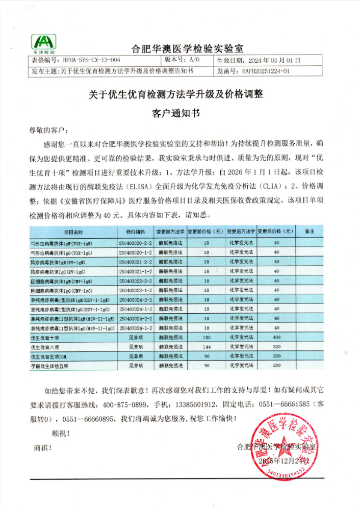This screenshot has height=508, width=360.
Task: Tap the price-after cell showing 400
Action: coord(277,337)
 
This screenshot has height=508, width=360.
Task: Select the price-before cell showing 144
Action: coord(206,346)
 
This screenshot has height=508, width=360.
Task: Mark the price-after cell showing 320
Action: coord(277,346)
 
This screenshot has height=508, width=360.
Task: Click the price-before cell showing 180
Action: coord(206,337)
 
